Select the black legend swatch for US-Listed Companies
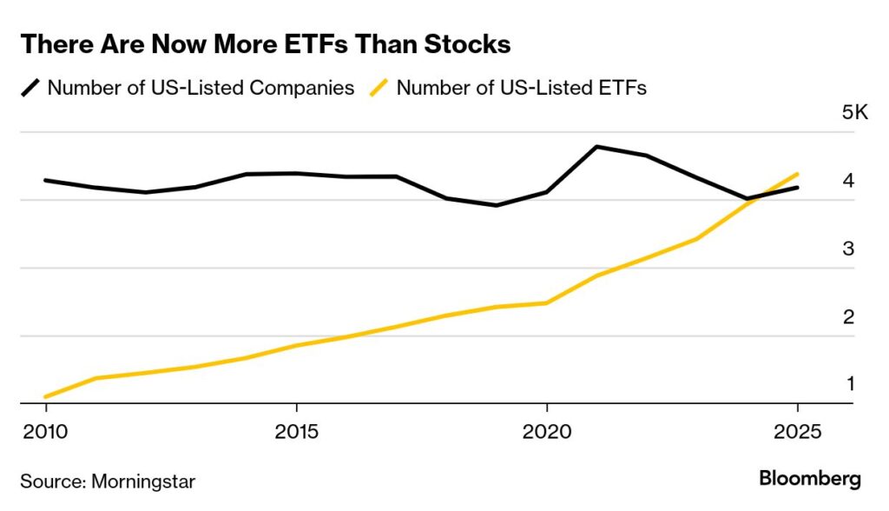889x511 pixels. point(30,88)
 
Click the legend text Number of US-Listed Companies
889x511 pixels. point(201,88)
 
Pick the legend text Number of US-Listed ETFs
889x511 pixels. point(521,88)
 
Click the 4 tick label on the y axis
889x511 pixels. point(848,181)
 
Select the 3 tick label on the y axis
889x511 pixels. point(848,249)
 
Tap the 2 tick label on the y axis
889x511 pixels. point(848,316)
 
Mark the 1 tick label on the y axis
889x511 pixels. point(848,383)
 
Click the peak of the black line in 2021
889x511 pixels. point(597,147)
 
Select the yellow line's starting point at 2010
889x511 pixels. point(46,396)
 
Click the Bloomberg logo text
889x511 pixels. point(809,479)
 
